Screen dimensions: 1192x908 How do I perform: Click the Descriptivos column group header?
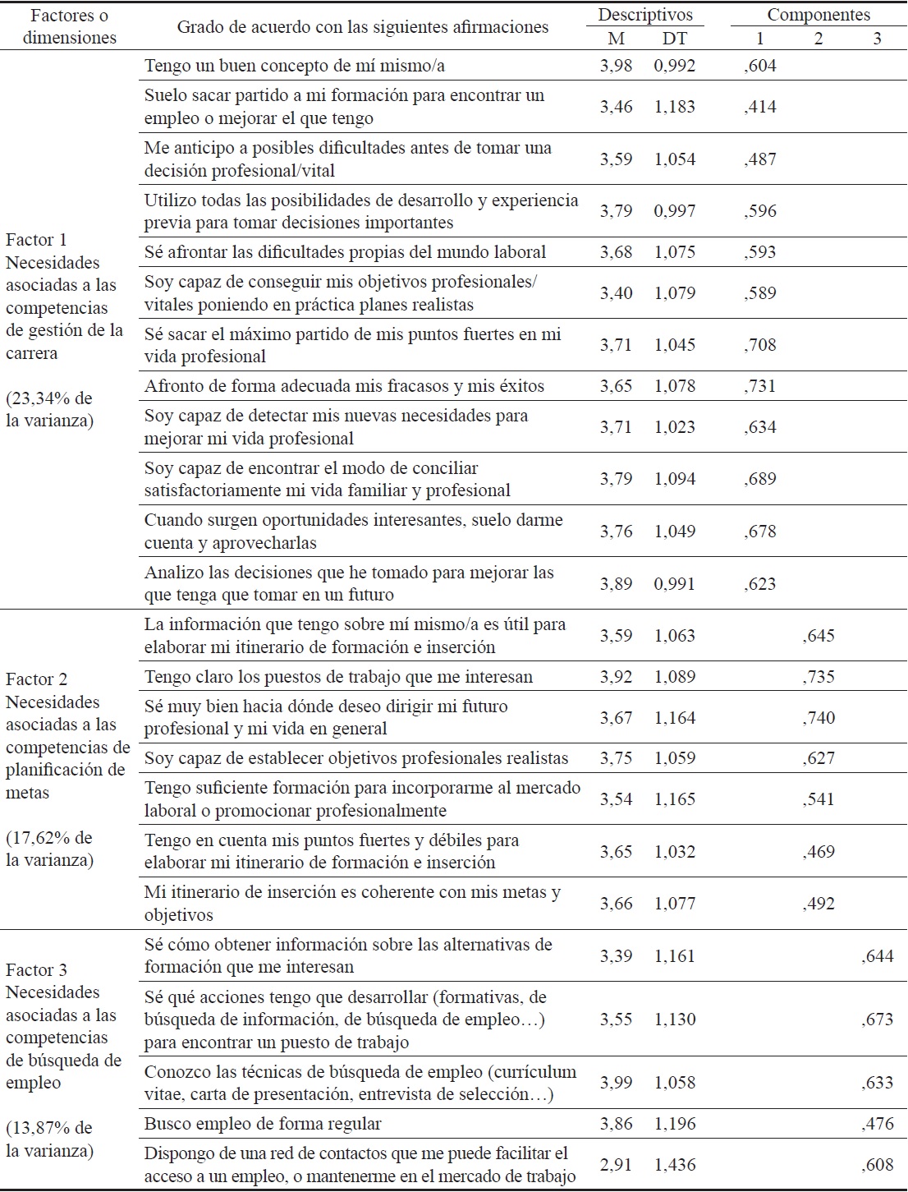pos(644,15)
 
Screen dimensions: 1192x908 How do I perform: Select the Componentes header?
pos(819,15)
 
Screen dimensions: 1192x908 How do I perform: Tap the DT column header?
pos(675,38)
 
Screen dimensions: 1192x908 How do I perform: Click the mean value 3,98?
pos(616,66)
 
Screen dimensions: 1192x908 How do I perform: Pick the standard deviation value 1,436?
pos(675,1165)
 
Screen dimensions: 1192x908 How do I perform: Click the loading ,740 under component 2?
pos(819,718)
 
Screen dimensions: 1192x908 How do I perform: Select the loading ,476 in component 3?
pos(877,1124)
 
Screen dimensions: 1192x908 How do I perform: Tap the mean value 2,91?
pos(616,1165)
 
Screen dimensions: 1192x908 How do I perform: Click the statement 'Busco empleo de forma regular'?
pos(263,1124)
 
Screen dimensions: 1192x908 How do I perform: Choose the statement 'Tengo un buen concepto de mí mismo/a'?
pos(295,66)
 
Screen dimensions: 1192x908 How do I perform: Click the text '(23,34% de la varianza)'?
pos(49,410)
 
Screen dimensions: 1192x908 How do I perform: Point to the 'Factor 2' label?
pos(37,679)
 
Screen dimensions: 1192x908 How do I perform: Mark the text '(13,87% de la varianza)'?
pos(49,1139)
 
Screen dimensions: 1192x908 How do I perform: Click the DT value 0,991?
pos(675,584)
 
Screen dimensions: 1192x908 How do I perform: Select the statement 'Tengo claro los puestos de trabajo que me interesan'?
pos(338,677)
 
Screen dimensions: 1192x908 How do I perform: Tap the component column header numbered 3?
pos(877,38)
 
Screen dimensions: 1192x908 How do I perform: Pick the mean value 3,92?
pos(616,677)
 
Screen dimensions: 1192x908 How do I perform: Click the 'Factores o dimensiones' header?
pos(69,26)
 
